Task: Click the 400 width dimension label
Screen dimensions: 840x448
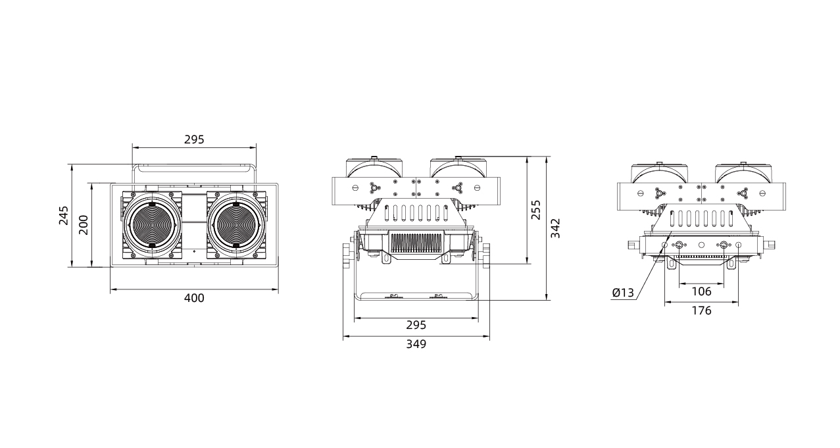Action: [194, 298]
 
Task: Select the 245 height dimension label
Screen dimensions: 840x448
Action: [64, 215]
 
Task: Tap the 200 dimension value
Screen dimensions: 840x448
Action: [84, 225]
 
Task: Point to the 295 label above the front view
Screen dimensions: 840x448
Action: [194, 139]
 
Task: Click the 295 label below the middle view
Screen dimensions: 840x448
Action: [416, 325]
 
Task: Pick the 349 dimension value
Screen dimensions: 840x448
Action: [416, 344]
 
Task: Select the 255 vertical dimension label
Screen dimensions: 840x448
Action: [536, 210]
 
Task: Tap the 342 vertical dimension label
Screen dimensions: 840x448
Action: [555, 228]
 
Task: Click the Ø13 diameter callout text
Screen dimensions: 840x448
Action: [623, 293]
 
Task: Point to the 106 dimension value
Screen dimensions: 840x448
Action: [702, 291]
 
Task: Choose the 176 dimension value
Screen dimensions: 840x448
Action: [702, 311]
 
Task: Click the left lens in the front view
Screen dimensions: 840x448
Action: [152, 225]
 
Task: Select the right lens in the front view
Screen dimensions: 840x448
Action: [237, 225]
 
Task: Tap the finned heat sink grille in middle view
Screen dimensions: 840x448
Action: [416, 243]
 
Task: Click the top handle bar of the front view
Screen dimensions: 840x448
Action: [194, 168]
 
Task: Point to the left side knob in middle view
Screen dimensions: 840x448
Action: [346, 256]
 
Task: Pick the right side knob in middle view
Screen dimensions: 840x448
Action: [486, 256]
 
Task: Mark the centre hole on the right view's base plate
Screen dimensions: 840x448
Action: [702, 245]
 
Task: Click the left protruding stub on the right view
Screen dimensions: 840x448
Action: [633, 245]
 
